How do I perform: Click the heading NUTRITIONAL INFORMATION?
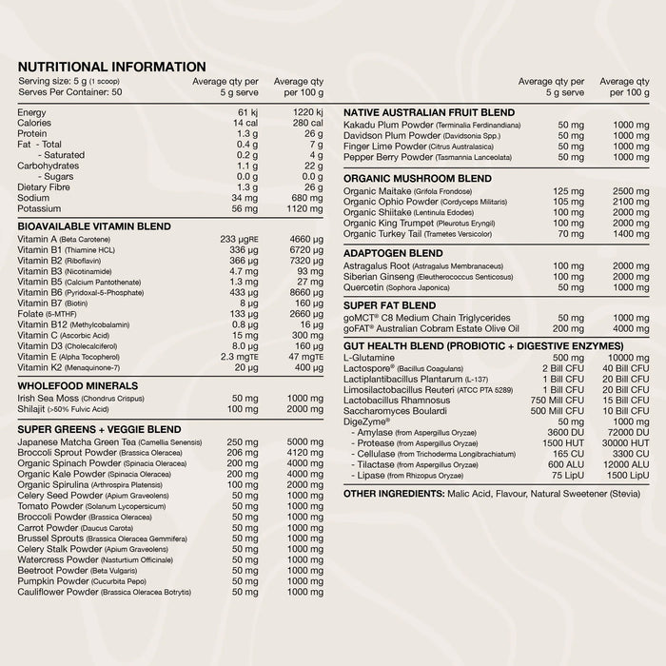click(x=111, y=67)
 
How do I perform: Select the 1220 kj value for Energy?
click(x=305, y=113)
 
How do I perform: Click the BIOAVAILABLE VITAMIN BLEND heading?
click(x=94, y=226)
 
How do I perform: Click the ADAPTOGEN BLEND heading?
click(x=393, y=253)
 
